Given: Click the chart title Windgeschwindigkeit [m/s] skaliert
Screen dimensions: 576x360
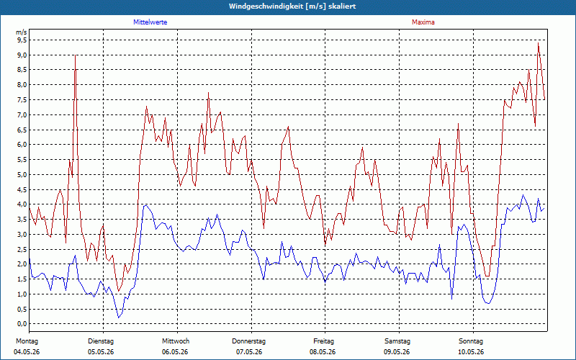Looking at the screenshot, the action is [x=292, y=6].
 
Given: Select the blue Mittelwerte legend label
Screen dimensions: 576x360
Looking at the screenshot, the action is [x=150, y=22].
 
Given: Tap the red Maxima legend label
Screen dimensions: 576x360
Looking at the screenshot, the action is [x=423, y=22].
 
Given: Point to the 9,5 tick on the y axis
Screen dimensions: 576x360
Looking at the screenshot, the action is [x=22, y=40].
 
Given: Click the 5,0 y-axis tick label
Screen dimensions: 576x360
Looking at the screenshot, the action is [x=22, y=174].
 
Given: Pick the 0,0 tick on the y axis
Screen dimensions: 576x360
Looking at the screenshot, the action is [x=22, y=323].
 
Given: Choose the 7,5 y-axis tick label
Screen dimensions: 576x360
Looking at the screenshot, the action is [x=22, y=100].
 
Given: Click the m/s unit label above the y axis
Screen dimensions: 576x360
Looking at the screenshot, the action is [x=22, y=32].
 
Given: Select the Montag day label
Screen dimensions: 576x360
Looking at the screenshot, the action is [x=27, y=341].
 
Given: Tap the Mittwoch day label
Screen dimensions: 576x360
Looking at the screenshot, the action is [x=176, y=341].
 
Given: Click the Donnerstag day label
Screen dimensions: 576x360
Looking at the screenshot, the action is [x=248, y=341].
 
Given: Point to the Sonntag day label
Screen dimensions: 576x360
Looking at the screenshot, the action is [x=471, y=341].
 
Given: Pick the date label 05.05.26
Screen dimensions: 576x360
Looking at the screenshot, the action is [x=101, y=352].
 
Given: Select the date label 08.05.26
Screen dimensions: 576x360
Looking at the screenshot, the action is [x=323, y=352].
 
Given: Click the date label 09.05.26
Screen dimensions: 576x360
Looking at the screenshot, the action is [x=397, y=352].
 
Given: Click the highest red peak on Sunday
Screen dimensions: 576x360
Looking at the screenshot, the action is [x=538, y=43].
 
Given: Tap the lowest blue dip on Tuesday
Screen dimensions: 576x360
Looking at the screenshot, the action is [x=118, y=318].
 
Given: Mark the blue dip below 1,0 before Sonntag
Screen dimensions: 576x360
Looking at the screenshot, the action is [x=452, y=299].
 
